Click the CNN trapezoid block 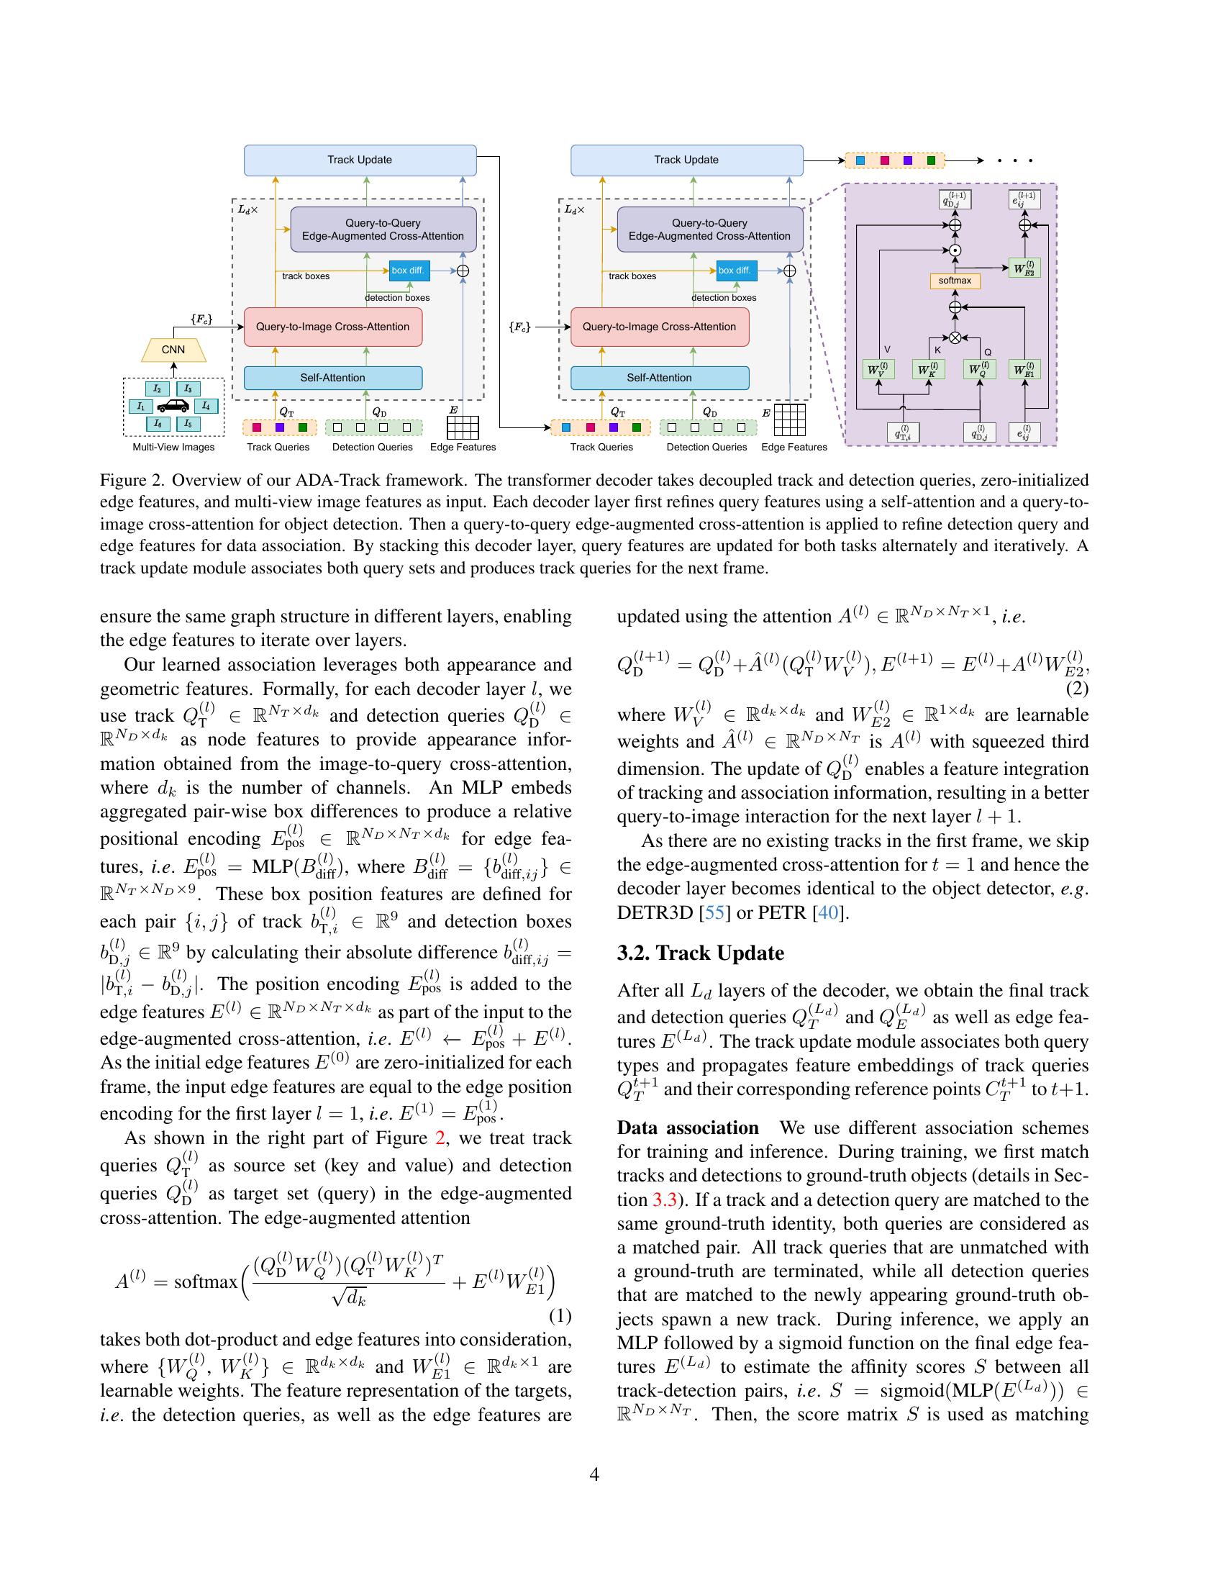point(173,350)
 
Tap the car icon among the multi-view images point(173,407)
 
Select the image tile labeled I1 point(141,407)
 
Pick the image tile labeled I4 point(206,407)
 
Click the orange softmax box point(954,281)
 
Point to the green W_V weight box point(878,370)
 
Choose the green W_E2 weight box point(1024,268)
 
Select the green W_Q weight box point(978,370)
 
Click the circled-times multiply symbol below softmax point(955,337)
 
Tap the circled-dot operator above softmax point(955,251)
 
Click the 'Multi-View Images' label point(174,448)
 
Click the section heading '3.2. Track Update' point(700,953)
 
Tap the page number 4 point(594,1474)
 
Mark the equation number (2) point(1077,689)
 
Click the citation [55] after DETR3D point(714,913)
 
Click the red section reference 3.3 point(665,1199)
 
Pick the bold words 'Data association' point(688,1128)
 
